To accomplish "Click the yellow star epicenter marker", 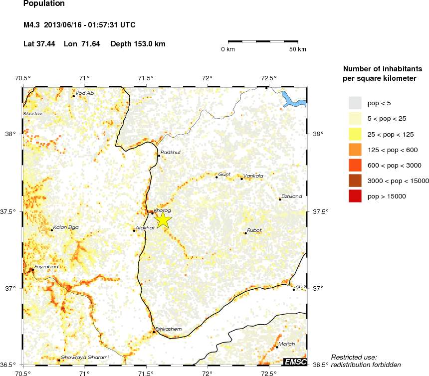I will (x=163, y=219).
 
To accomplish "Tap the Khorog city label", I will (x=163, y=210).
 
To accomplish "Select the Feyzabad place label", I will (x=46, y=267).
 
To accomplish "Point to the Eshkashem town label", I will (x=169, y=329).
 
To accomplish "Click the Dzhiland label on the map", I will (x=292, y=196).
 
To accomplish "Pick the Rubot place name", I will (x=254, y=230).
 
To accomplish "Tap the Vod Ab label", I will (x=85, y=93).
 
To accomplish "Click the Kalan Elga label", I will (x=66, y=227).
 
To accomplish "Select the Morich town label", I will (x=287, y=344).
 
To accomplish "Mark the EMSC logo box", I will (x=295, y=362).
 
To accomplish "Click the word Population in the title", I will (x=44, y=3).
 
